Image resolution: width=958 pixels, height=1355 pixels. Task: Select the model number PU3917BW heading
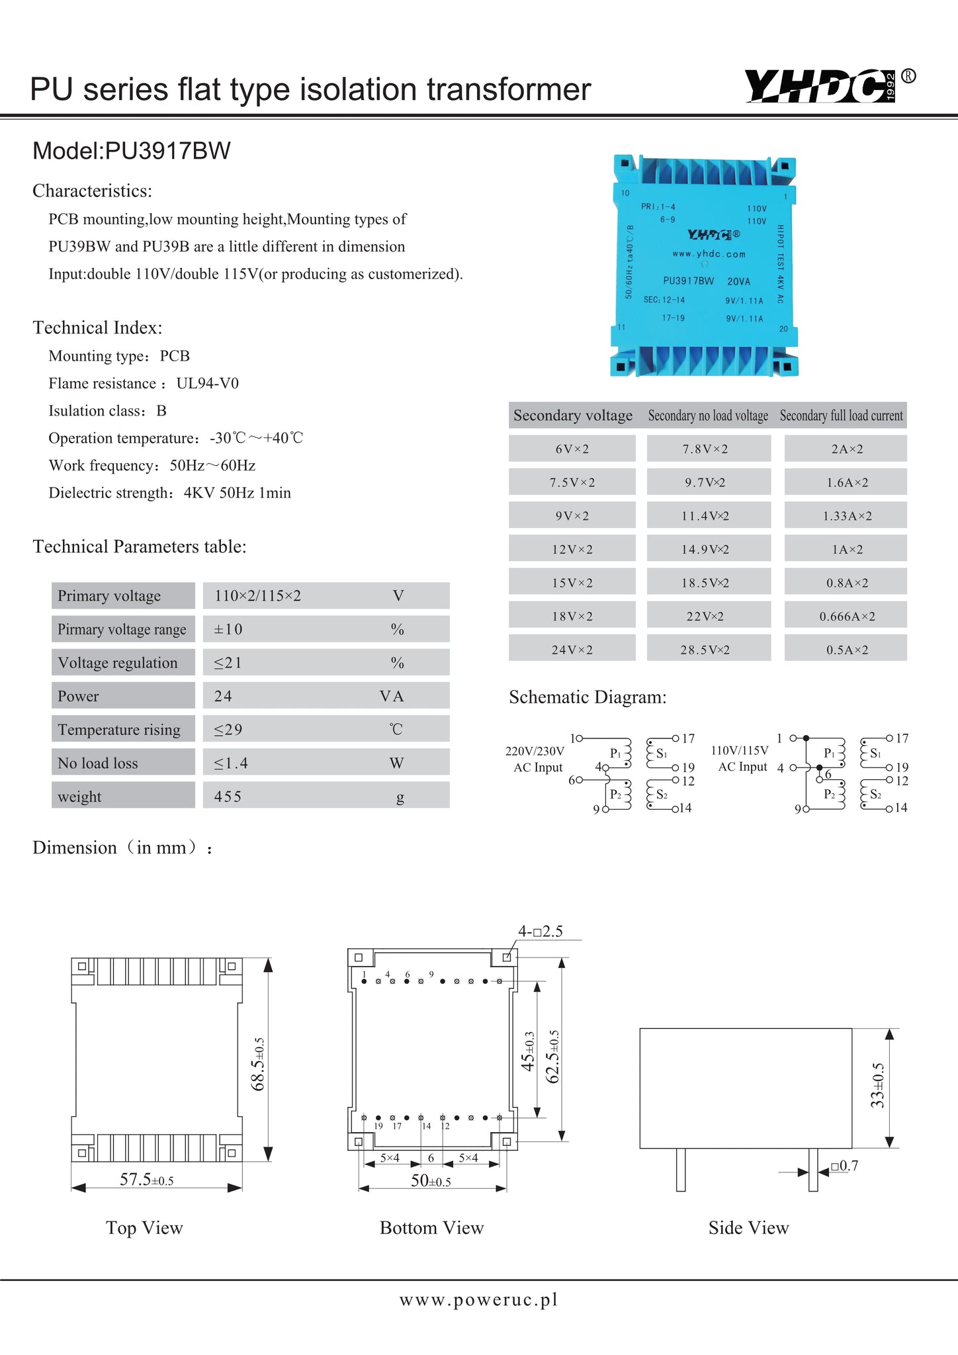click(132, 151)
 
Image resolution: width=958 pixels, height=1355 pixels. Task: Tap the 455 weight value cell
click(228, 796)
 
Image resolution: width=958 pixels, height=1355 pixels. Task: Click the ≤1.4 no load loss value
click(231, 763)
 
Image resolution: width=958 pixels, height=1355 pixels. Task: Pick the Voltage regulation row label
click(118, 662)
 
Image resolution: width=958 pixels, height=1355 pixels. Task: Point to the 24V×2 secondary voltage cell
click(572, 650)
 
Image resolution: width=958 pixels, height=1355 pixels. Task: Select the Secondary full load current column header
click(841, 415)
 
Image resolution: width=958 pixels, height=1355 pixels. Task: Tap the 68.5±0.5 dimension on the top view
click(259, 1064)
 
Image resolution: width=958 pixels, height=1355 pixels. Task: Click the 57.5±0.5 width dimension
click(146, 1180)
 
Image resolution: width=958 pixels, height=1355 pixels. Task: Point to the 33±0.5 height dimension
click(877, 1085)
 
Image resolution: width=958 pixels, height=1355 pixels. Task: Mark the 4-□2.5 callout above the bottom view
click(540, 932)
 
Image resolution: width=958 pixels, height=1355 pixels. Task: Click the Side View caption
click(748, 1228)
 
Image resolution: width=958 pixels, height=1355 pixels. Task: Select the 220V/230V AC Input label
click(535, 759)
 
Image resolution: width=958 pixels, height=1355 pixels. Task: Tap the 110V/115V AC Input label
click(740, 758)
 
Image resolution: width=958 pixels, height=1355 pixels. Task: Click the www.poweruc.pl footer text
click(478, 1300)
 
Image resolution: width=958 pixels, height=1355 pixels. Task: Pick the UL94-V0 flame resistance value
click(207, 384)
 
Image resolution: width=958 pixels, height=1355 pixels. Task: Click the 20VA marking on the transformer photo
click(738, 281)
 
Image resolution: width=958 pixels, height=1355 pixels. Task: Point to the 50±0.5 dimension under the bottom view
click(431, 1181)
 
